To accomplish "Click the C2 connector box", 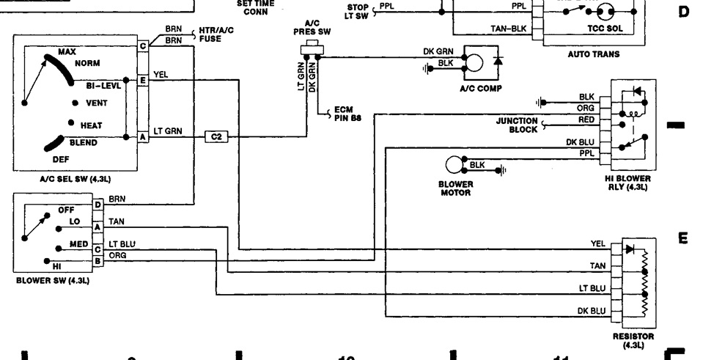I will [x=216, y=136].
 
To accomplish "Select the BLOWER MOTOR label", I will [x=455, y=188].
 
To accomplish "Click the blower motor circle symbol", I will [x=455, y=166].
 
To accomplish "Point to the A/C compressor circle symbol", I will [x=475, y=63].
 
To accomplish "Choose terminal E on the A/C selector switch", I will [x=142, y=78].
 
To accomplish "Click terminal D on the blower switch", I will [x=97, y=204].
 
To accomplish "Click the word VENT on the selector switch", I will [x=97, y=103].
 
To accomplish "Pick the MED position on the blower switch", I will [x=78, y=244].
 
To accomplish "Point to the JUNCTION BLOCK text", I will [x=517, y=125].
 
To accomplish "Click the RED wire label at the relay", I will [x=586, y=118].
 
